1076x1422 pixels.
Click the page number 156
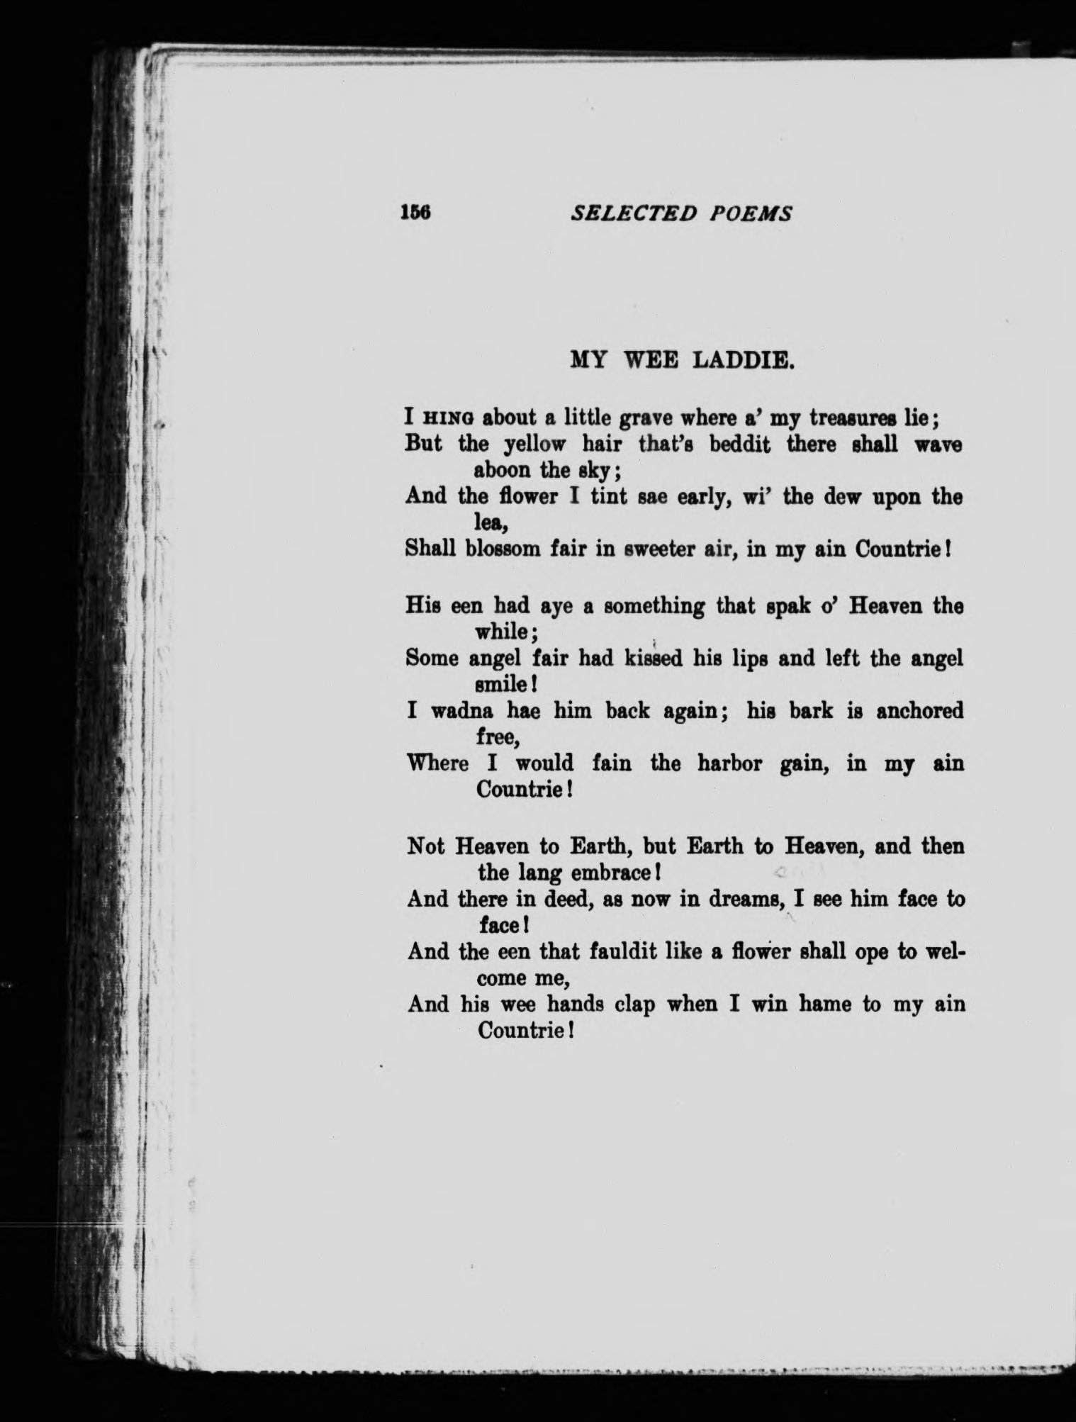(x=416, y=212)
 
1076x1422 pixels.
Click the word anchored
(x=919, y=711)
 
